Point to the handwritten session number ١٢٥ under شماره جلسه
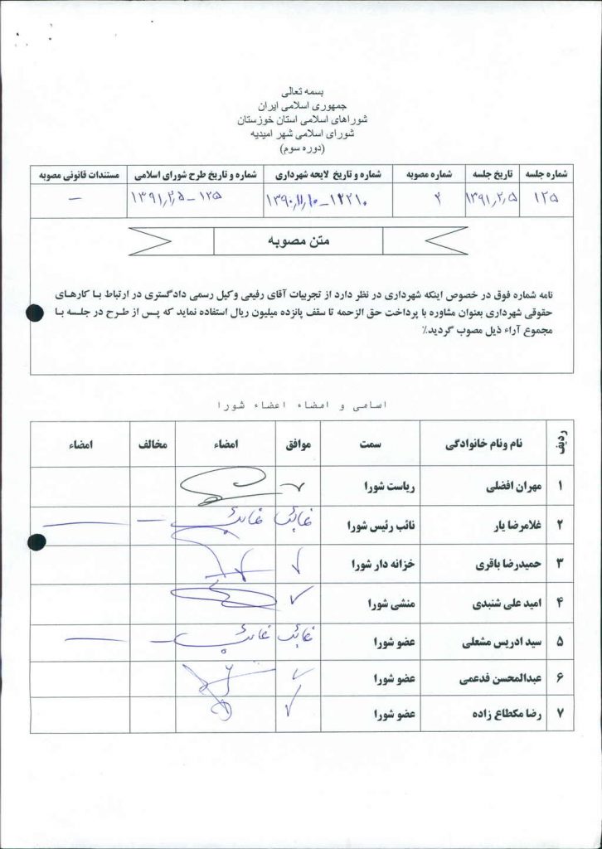[x=546, y=200]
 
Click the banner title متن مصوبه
[x=299, y=241]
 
